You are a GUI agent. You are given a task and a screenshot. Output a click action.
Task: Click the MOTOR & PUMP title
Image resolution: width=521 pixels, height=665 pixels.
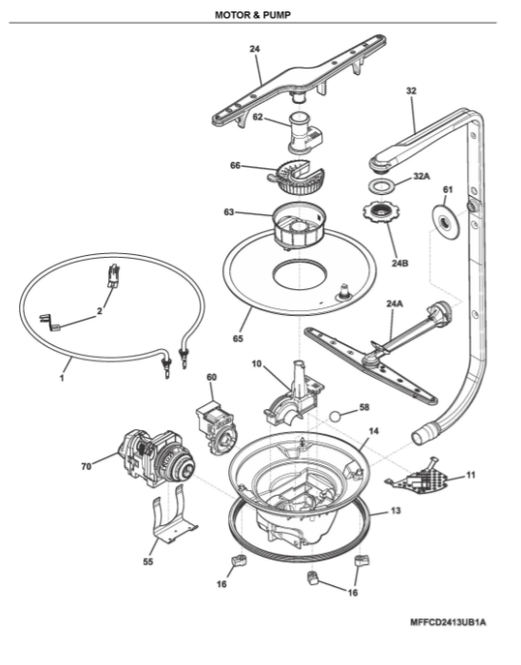[x=253, y=15]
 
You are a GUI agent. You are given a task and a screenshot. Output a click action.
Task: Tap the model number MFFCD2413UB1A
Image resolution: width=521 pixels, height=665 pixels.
[x=448, y=622]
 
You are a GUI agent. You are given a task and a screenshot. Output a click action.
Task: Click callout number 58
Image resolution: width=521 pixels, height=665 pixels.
[x=364, y=407]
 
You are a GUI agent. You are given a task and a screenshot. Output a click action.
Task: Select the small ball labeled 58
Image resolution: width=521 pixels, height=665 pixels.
[x=336, y=417]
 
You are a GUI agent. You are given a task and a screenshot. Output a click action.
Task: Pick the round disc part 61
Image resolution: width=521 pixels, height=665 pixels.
[x=446, y=222]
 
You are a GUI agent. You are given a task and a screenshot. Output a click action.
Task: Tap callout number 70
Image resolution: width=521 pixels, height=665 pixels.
[x=87, y=466]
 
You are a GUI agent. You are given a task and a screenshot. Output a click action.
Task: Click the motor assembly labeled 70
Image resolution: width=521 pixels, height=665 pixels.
[x=156, y=459]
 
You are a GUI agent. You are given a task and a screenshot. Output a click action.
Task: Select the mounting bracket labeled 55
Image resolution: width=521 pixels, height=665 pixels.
[x=174, y=519]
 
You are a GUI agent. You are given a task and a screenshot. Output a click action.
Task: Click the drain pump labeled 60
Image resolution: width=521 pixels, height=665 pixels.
[x=217, y=427]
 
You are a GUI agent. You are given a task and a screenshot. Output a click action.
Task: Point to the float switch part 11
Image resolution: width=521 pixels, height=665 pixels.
[x=418, y=478]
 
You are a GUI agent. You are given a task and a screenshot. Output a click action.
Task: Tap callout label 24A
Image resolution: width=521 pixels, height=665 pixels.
[x=395, y=303]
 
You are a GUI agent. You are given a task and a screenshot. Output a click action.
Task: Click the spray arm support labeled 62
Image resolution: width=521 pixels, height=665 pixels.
[x=304, y=133]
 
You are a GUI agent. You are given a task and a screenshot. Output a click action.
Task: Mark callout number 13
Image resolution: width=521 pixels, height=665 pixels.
[x=396, y=511]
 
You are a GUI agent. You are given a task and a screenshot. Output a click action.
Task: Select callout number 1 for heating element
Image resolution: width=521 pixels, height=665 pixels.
[x=62, y=378]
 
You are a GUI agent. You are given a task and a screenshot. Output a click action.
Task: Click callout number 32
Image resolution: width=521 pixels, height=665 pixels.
[x=411, y=90]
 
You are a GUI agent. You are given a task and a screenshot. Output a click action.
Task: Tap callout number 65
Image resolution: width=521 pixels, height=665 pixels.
[x=238, y=339]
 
